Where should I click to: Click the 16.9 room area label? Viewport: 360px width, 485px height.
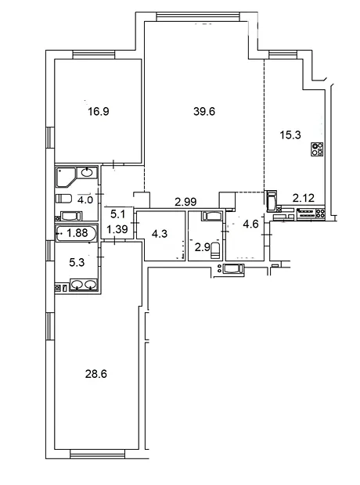click(x=99, y=111)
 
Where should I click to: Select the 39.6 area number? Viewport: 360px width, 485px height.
click(x=204, y=111)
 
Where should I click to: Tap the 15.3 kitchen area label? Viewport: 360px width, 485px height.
click(x=290, y=135)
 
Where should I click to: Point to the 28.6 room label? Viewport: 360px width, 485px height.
click(x=96, y=374)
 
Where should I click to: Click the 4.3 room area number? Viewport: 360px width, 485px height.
click(x=160, y=234)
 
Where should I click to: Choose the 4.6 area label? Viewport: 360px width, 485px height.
click(x=250, y=224)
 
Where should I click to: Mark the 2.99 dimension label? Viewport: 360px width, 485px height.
click(x=185, y=202)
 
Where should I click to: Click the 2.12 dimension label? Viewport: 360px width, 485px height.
click(x=304, y=198)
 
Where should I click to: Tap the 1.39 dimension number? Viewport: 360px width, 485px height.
click(x=117, y=229)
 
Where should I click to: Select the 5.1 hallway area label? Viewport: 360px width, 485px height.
click(x=117, y=214)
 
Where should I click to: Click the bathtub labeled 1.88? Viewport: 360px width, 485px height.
click(x=76, y=233)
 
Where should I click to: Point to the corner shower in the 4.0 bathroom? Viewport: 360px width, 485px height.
click(x=66, y=178)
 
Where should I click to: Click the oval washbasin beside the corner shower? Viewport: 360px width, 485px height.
click(x=87, y=172)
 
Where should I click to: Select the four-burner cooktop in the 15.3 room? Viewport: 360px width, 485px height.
click(x=317, y=149)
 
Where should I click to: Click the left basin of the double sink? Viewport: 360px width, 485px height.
click(x=77, y=284)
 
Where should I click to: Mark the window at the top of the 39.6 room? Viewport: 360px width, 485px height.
click(x=198, y=16)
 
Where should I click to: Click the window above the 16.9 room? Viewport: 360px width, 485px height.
click(x=94, y=55)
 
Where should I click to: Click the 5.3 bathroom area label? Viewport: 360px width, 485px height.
click(x=77, y=263)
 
